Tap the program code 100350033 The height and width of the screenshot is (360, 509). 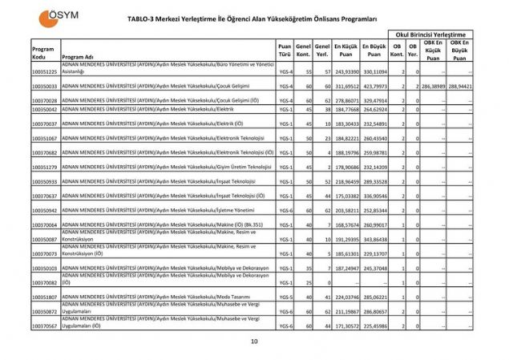(x=44, y=85)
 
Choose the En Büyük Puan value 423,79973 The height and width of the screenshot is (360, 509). (x=374, y=85)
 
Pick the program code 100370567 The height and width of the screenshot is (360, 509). (x=44, y=326)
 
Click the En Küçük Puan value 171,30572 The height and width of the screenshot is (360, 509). (x=345, y=326)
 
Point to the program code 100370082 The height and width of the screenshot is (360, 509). (x=44, y=283)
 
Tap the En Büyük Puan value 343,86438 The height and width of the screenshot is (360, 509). (x=374, y=240)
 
